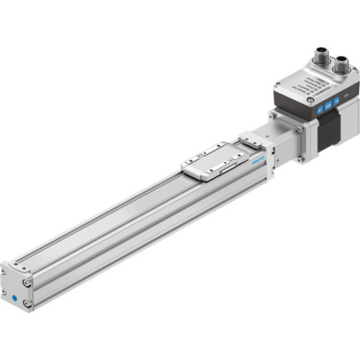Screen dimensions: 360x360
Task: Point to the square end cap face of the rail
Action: (15, 289)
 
